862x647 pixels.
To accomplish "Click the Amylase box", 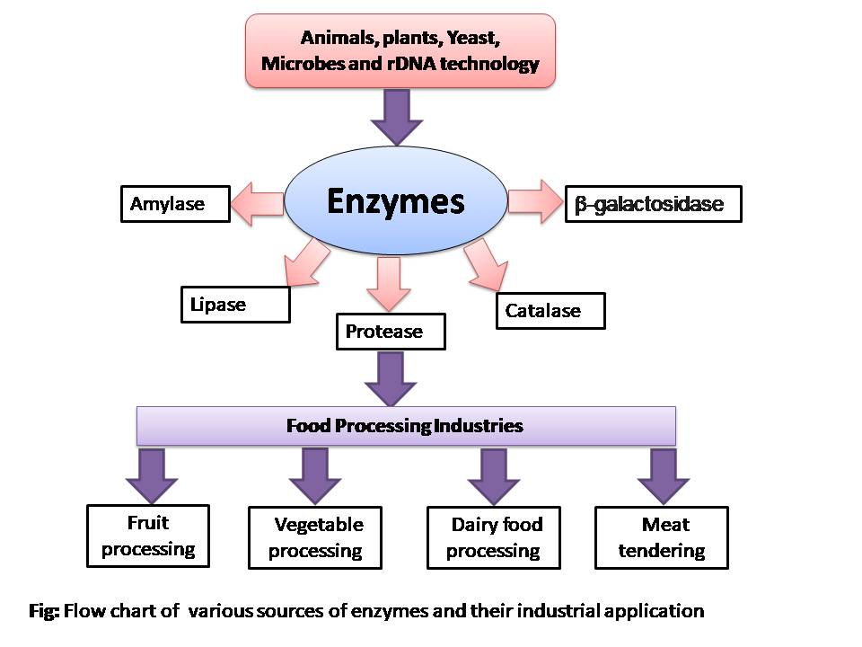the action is click(x=176, y=204).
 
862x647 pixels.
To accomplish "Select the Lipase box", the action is click(x=235, y=305).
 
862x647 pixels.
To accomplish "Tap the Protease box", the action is click(x=391, y=332).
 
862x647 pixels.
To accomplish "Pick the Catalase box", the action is click(x=550, y=311).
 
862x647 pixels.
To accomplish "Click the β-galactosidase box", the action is click(x=654, y=204).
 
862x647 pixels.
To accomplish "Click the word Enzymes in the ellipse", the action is click(x=395, y=201).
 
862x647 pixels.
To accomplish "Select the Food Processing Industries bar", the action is click(x=405, y=425).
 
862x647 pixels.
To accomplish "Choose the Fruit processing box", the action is click(x=148, y=536).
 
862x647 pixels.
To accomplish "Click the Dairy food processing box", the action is click(x=496, y=537).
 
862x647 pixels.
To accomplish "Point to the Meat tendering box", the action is click(x=661, y=537).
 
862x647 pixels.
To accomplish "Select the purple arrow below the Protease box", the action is click(x=391, y=377).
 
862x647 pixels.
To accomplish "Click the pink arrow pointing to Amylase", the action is click(x=257, y=204).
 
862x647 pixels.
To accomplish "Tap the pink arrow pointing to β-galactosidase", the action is click(x=534, y=200).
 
